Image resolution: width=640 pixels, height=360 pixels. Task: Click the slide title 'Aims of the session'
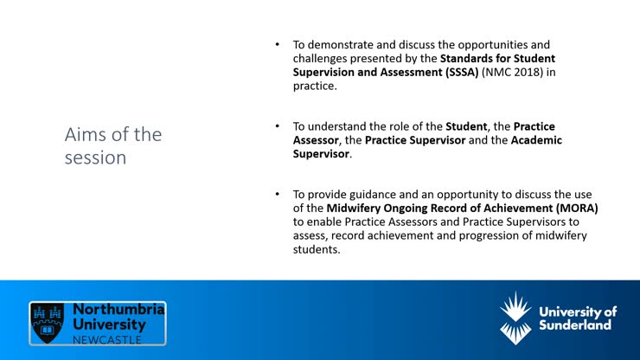click(x=112, y=146)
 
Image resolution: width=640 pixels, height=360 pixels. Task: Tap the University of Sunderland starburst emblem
click(x=516, y=318)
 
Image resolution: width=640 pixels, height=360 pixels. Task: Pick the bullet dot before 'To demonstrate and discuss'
click(x=278, y=44)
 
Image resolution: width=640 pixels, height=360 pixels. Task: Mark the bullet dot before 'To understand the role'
click(x=278, y=126)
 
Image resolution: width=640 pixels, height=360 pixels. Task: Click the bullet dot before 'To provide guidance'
click(x=278, y=195)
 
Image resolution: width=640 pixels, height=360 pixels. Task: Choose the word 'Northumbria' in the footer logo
click(x=118, y=308)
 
